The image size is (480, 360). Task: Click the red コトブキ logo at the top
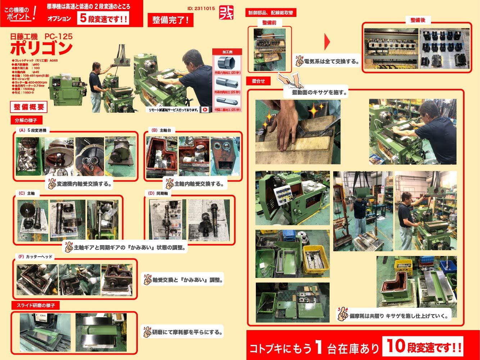(x=226, y=14)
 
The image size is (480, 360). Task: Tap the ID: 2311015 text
(x=201, y=8)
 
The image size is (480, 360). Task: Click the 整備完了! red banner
(x=170, y=20)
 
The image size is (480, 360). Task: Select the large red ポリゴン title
(x=41, y=48)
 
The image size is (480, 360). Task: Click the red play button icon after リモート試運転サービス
(x=205, y=110)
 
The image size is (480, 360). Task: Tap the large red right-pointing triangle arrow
(x=327, y=42)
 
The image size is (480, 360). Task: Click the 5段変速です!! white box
(x=103, y=19)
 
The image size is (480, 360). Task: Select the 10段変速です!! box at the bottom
(x=423, y=347)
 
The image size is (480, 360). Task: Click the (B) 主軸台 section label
(x=159, y=130)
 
